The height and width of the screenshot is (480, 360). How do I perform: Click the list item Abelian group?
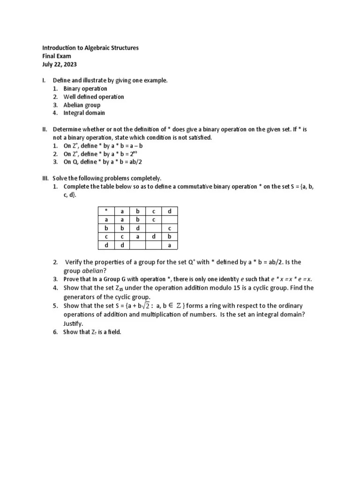point(82,105)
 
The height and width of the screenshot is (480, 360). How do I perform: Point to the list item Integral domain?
point(84,113)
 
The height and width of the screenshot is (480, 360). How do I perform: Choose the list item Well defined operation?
point(94,97)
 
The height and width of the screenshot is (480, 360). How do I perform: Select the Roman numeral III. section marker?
point(45,178)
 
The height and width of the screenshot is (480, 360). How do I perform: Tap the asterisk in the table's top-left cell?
point(106,211)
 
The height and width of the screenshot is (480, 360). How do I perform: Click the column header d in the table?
point(170,211)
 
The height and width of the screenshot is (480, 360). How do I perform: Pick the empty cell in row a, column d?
point(170,220)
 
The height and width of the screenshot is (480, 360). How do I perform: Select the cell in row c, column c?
point(154,237)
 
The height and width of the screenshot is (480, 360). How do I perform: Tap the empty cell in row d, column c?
point(154,245)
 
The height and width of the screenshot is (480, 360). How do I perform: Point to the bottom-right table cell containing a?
point(170,245)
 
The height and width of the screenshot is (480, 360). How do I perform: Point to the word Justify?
point(74,323)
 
